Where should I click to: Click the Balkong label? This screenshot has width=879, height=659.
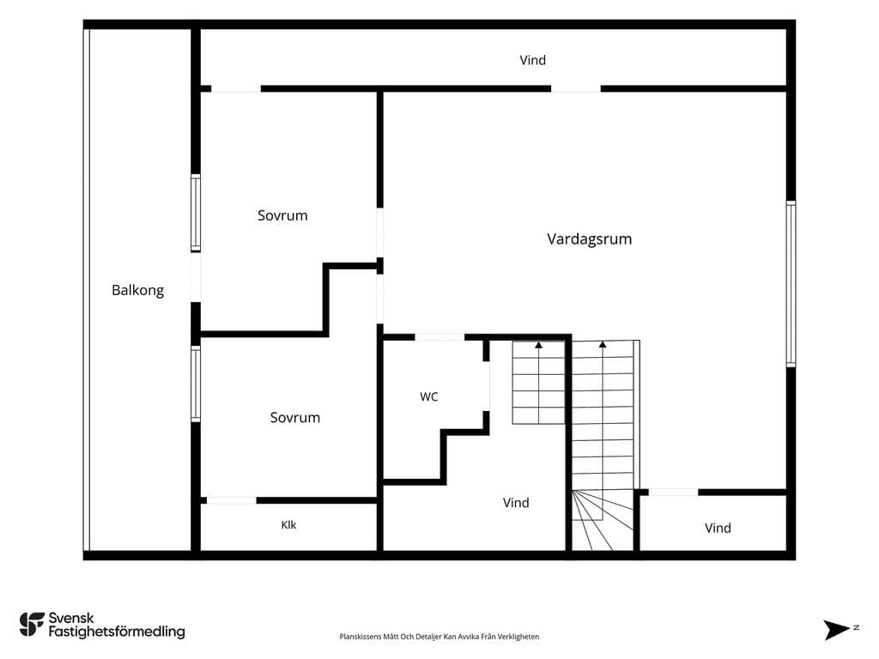(x=138, y=290)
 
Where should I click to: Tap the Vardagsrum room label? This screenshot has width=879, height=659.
(x=589, y=239)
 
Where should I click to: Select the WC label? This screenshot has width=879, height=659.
(x=429, y=396)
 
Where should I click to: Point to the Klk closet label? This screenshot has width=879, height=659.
(x=288, y=525)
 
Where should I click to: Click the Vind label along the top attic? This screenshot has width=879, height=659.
(x=532, y=60)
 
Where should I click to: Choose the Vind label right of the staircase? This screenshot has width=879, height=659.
(x=718, y=528)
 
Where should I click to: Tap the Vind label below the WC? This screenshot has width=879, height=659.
(x=516, y=503)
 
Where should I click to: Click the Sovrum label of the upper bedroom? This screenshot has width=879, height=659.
(x=282, y=215)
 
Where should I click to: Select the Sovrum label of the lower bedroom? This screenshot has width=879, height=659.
(x=295, y=418)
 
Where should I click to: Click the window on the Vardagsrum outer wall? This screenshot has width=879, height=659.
(x=791, y=284)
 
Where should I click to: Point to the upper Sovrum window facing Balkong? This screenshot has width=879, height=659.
(x=196, y=213)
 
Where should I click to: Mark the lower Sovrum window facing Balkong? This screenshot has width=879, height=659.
(x=196, y=384)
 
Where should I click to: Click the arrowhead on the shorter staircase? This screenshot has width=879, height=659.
(x=539, y=345)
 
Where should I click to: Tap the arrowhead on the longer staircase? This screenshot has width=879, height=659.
(x=603, y=345)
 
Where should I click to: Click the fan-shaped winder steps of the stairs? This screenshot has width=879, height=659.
(x=603, y=521)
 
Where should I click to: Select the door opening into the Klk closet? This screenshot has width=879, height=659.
(x=232, y=500)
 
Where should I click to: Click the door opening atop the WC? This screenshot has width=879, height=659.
(x=439, y=337)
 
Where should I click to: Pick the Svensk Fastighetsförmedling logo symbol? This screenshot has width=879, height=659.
(x=32, y=625)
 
